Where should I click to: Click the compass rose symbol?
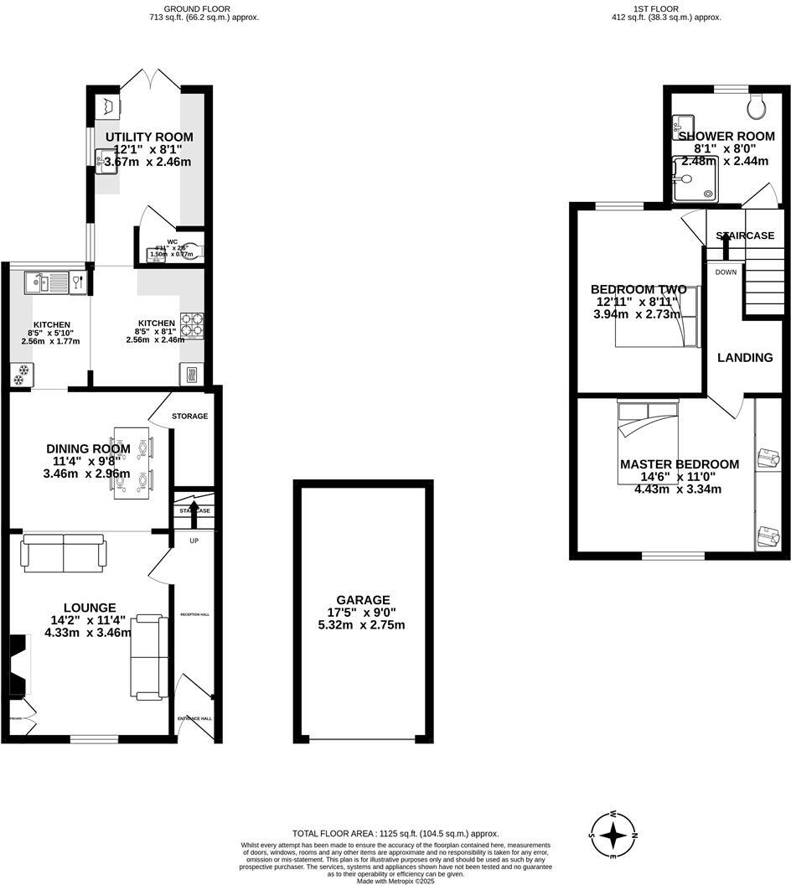(614, 836)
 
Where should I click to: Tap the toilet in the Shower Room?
(757, 106)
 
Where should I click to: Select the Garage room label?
(364, 600)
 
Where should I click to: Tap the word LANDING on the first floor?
(745, 358)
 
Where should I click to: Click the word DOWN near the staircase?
(726, 272)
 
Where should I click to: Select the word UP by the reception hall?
(194, 541)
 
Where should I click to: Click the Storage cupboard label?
(189, 416)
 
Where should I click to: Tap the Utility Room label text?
(149, 137)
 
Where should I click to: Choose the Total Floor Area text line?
(395, 834)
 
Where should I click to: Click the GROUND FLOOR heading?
(192, 8)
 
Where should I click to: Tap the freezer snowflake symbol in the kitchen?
(18, 375)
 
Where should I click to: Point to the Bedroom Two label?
(638, 290)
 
